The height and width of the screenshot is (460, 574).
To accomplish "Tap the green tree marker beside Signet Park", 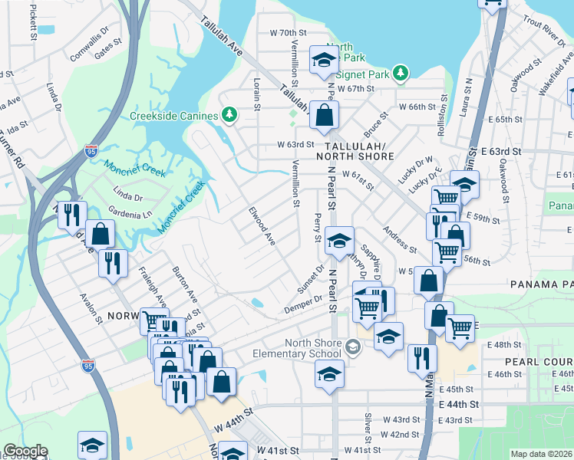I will coord(399,74).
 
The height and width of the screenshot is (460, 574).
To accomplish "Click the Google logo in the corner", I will coord(25,452).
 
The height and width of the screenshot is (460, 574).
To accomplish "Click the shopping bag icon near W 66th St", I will coord(325,116).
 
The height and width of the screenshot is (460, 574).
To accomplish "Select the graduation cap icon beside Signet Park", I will coord(325,61).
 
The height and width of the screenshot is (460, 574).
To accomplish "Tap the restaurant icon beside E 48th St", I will coord(422,358).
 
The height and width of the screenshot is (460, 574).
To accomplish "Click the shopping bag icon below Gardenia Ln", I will coord(100,233).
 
